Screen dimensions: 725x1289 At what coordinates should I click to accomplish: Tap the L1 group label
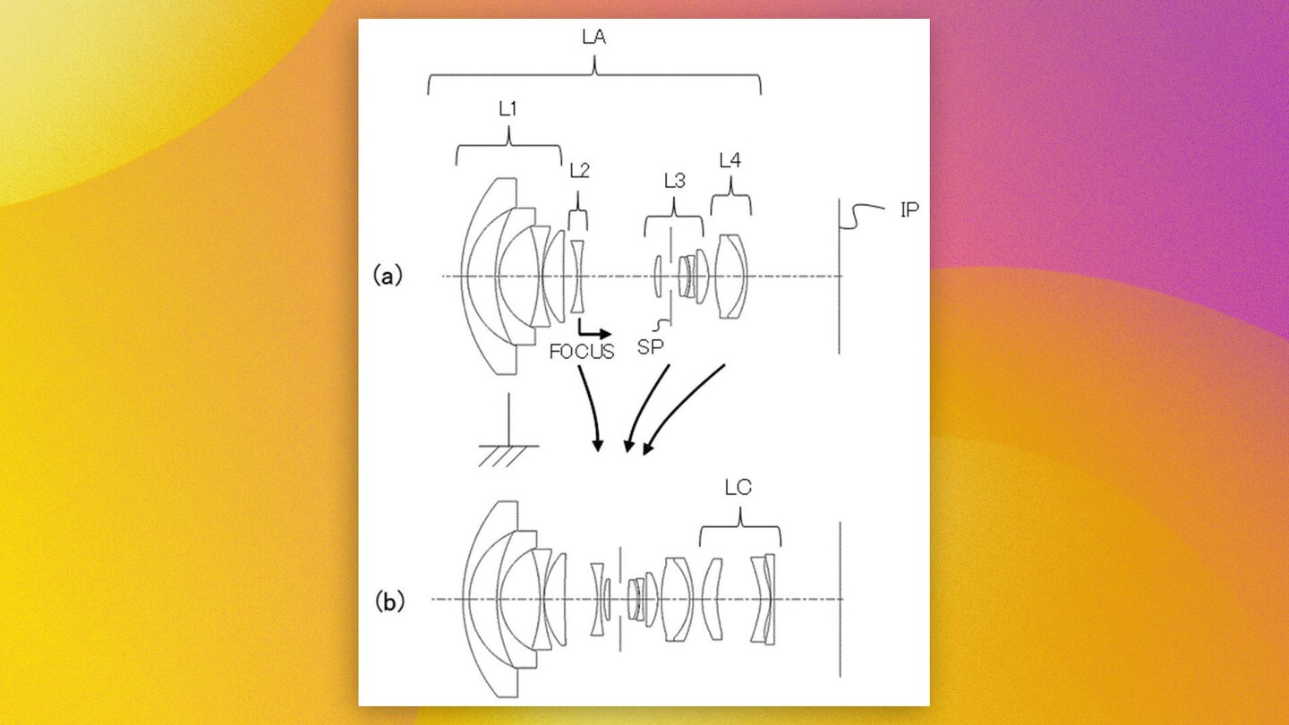click(508, 109)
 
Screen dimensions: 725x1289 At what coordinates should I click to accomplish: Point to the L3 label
click(674, 181)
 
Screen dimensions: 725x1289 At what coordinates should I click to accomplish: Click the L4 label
click(730, 160)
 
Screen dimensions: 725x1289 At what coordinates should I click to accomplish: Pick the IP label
click(909, 211)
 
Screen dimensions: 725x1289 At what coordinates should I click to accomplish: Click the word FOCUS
click(582, 352)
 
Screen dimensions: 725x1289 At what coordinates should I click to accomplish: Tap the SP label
click(650, 347)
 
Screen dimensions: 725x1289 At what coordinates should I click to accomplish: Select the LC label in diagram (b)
click(738, 488)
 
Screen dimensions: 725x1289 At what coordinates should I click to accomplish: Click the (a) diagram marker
click(388, 277)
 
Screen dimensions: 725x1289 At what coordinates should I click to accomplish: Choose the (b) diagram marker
click(388, 602)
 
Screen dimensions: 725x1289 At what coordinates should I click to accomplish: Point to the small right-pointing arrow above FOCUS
click(593, 331)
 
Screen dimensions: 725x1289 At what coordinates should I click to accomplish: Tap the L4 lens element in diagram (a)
click(731, 276)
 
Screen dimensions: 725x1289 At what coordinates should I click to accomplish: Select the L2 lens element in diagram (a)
click(577, 276)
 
